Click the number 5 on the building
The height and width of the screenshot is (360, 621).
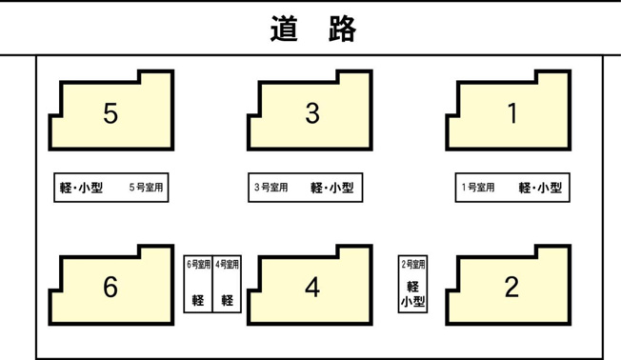(x=110, y=113)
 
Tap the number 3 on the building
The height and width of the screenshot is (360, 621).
(x=312, y=113)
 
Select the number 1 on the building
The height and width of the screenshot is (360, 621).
(x=512, y=113)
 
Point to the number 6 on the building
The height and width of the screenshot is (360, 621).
(x=110, y=287)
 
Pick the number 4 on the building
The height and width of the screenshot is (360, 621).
(x=312, y=287)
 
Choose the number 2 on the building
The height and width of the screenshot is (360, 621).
(x=511, y=287)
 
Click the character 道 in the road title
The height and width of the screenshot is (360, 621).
(x=285, y=29)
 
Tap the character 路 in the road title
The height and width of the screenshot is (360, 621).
(x=343, y=29)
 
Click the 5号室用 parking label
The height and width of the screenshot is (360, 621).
(x=146, y=188)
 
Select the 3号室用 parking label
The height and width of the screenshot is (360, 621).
(x=270, y=188)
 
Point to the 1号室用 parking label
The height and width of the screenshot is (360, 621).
(x=478, y=188)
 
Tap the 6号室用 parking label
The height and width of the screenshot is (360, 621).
(x=198, y=264)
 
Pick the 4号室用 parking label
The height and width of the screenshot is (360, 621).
(x=228, y=264)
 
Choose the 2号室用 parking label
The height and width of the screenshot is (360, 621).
(x=413, y=264)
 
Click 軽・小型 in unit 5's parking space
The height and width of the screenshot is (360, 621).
(x=81, y=188)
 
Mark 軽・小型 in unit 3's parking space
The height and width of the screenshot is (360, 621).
(x=331, y=188)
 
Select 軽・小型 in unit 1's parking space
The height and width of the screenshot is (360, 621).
(x=540, y=188)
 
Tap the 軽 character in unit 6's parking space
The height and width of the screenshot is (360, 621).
(x=198, y=300)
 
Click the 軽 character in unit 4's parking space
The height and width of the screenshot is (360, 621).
(x=228, y=300)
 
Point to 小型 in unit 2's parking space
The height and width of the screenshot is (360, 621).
(x=412, y=302)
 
